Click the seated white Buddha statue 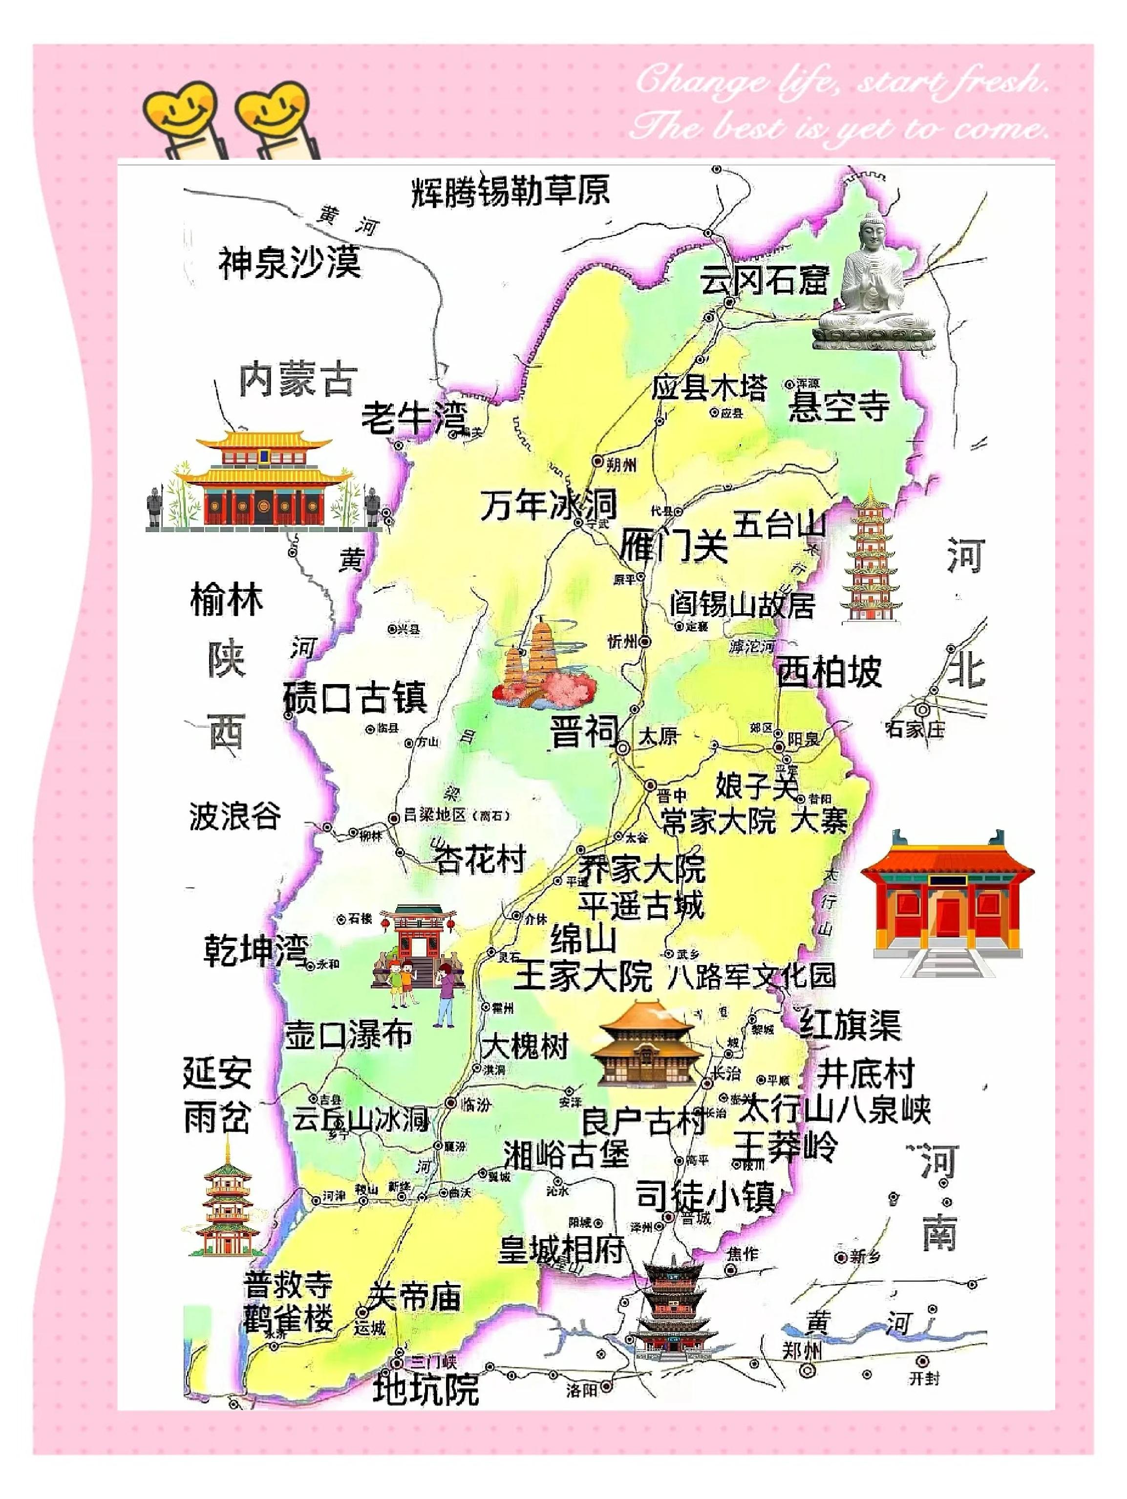872,285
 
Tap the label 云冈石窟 763,279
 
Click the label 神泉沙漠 289,262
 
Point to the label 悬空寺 838,406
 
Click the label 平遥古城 640,905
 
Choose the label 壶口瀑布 348,1035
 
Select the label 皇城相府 561,1249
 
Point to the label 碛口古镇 355,697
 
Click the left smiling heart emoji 180,108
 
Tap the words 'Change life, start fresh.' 840,81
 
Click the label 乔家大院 641,869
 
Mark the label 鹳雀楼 289,1319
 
